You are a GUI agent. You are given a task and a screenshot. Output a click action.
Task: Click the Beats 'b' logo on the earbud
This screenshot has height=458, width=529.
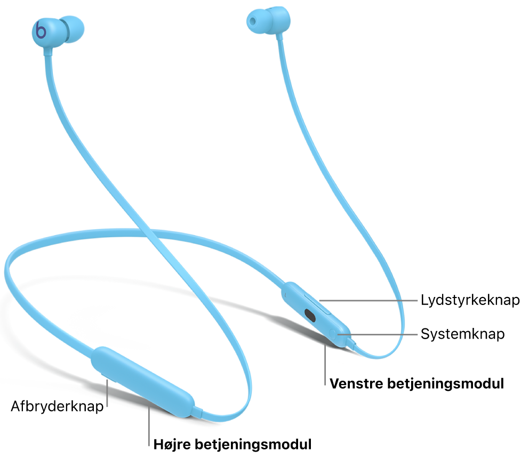[41, 31]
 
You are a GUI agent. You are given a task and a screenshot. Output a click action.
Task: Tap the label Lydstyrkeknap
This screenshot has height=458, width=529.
[470, 300]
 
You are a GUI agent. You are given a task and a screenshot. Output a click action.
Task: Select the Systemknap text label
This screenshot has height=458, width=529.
[462, 334]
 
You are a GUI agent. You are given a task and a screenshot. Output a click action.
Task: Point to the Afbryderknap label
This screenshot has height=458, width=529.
[57, 407]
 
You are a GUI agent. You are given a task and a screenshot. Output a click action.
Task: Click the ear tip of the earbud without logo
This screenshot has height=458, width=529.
[253, 19]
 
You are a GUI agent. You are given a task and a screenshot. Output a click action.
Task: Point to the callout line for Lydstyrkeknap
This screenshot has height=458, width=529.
[368, 300]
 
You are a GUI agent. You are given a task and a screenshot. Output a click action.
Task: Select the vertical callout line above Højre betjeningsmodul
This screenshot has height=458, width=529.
[149, 421]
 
